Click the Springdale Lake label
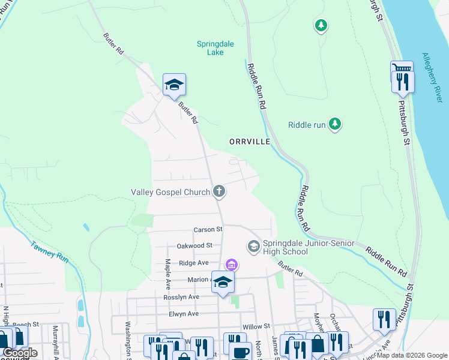tap(215, 48)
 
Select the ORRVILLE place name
tap(250, 141)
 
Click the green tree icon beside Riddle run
tap(335, 124)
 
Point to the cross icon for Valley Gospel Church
tap(220, 192)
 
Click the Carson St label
tap(208, 229)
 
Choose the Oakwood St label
tap(194, 245)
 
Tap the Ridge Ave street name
tap(192, 263)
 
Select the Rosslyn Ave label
tap(181, 297)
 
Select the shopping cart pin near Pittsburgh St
tap(402, 69)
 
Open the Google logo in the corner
tap(20, 352)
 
